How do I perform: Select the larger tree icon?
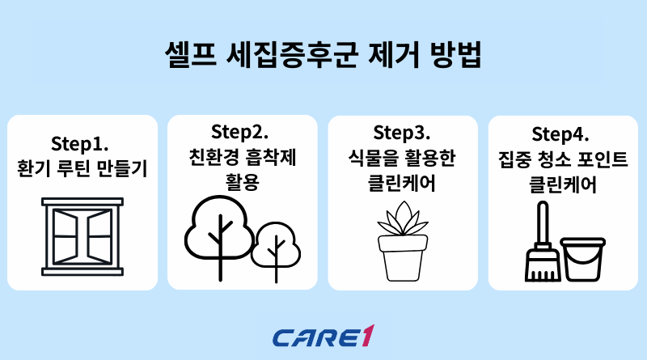[x=218, y=231]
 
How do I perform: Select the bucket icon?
[x=583, y=259]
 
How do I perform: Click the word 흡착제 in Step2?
[x=275, y=156]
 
